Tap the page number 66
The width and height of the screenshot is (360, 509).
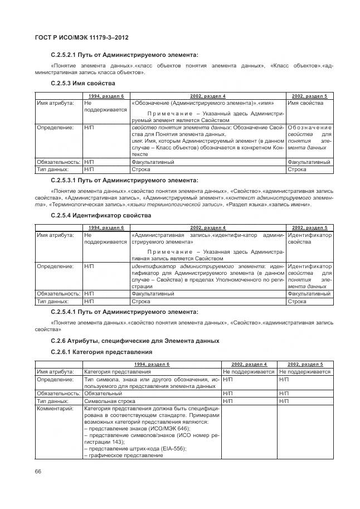pyautogui.click(x=38, y=472)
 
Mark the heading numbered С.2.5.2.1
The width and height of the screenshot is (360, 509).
pyautogui.click(x=124, y=55)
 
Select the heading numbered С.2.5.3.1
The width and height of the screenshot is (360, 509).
pyautogui.click(x=124, y=181)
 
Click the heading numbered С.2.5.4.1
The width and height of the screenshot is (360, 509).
pyautogui.click(x=124, y=312)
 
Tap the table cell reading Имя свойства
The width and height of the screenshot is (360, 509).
pyautogui.click(x=305, y=103)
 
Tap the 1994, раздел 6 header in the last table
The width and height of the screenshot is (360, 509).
pyautogui.click(x=152, y=364)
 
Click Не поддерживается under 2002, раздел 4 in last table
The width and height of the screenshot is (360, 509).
pyautogui.click(x=249, y=372)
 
